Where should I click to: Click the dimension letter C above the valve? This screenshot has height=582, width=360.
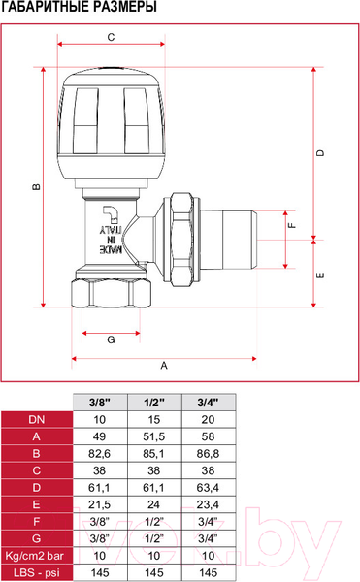111,37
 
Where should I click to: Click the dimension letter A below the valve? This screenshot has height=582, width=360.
164,366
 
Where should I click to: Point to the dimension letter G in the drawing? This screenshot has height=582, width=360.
111,339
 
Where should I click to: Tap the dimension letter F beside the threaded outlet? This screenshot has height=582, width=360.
292,225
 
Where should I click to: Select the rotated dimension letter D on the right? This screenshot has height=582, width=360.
320,153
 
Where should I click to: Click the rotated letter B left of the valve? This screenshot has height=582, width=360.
36,186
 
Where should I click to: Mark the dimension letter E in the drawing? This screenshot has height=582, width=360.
320,275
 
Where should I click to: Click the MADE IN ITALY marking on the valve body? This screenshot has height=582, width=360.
111,240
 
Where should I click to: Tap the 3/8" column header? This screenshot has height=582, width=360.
100,403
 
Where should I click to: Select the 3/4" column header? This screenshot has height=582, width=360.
208,403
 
